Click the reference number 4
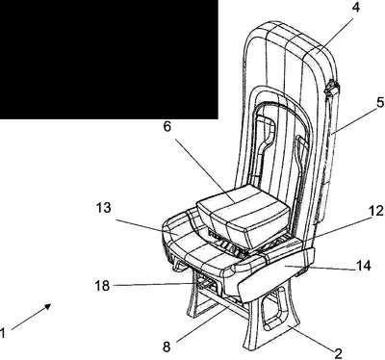point(355,7)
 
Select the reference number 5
point(380,103)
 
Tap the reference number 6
point(167,126)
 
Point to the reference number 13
point(104,208)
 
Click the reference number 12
point(376,211)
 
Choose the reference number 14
point(363,266)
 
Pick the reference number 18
point(102,285)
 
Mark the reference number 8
point(167,347)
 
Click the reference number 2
point(338,353)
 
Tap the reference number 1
point(3,333)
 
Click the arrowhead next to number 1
point(48,306)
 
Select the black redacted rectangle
point(109,60)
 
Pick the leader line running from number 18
point(154,284)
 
